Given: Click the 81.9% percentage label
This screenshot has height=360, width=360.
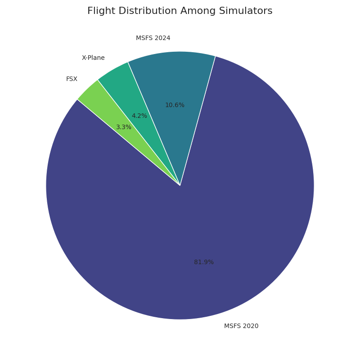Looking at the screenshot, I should [x=204, y=262].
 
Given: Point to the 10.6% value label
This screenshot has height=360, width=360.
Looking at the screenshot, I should [x=175, y=105].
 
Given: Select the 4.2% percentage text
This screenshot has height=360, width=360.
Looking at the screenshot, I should [x=139, y=116].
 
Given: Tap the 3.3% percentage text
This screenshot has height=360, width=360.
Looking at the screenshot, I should [x=124, y=127].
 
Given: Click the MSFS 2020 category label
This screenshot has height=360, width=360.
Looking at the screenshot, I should [x=241, y=326].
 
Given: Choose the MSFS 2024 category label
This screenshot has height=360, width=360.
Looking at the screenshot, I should [x=153, y=38].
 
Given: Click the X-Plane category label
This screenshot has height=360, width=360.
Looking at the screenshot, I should [x=93, y=58].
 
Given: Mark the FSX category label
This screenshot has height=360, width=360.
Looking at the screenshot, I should [x=72, y=79].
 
